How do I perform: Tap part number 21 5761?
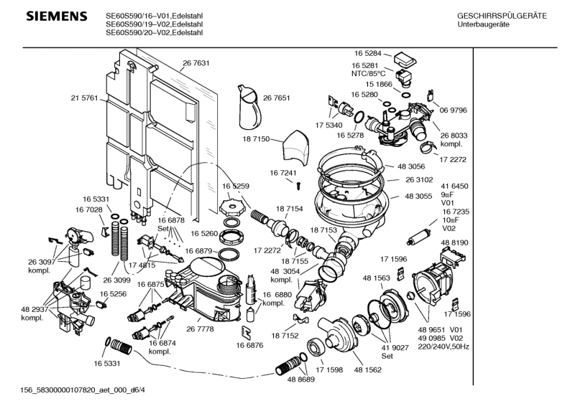point(84,98)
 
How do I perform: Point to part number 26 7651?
point(277,98)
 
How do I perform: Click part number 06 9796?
point(454,110)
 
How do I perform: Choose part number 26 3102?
point(420,180)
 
